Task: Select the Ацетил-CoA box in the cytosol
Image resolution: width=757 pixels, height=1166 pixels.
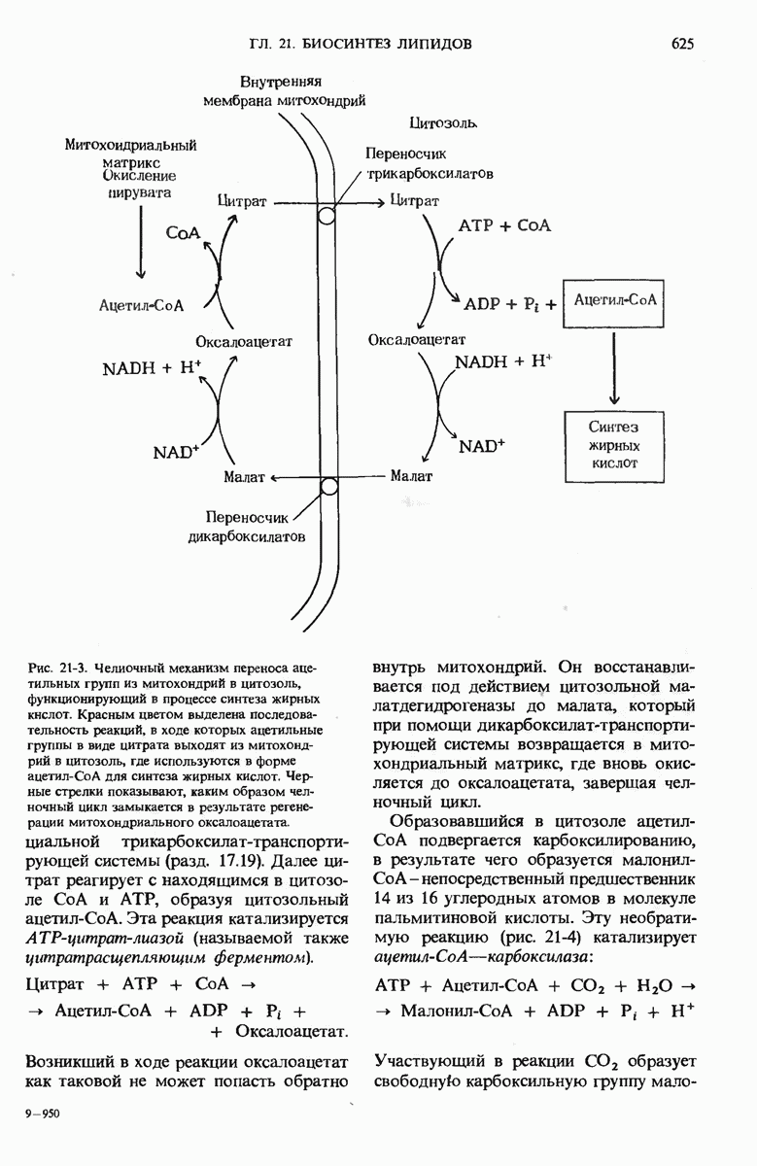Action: (615, 300)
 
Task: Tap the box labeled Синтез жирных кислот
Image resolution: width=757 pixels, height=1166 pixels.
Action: (614, 444)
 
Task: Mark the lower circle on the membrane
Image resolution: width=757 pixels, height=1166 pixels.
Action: (328, 486)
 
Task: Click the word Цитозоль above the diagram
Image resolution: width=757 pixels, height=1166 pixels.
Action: (443, 124)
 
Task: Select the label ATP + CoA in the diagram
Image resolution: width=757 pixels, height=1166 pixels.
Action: (504, 225)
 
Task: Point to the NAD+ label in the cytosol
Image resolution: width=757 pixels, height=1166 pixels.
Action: (484, 446)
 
